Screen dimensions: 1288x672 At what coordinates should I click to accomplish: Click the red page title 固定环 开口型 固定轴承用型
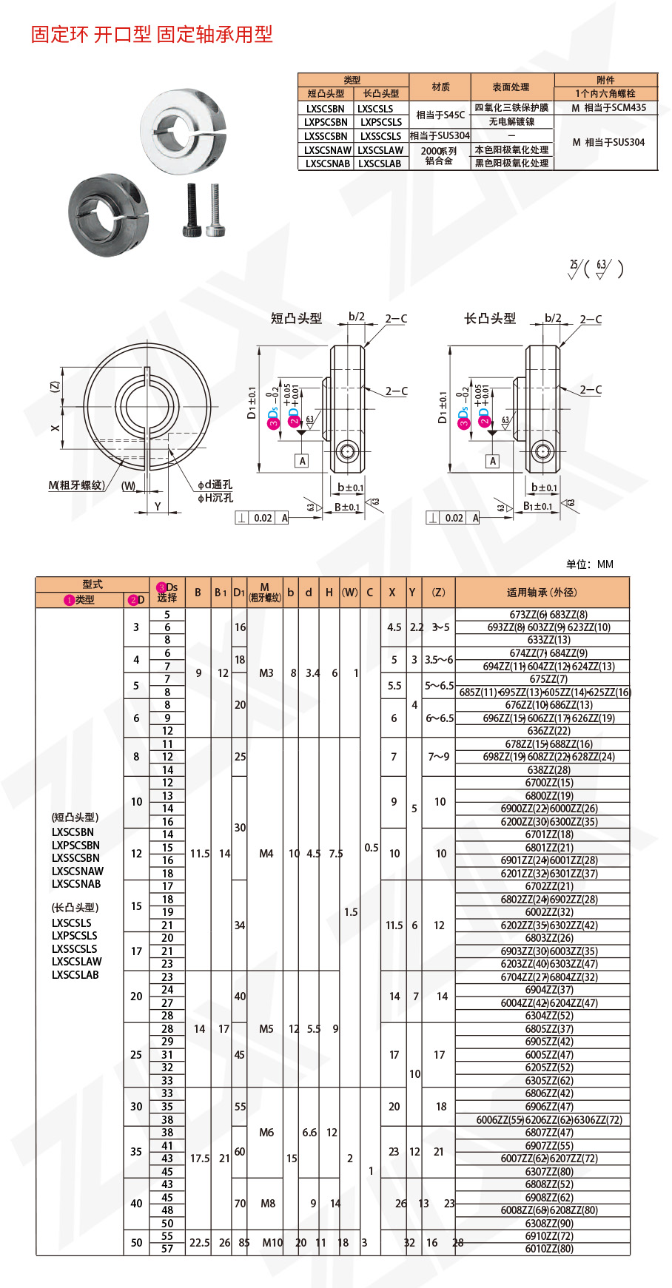(152, 34)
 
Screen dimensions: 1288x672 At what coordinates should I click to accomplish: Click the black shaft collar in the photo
(109, 215)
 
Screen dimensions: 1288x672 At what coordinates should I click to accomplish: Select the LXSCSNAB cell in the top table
(326, 163)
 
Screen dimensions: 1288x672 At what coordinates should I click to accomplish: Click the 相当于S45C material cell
(440, 115)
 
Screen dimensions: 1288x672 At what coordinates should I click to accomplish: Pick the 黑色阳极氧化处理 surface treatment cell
(511, 163)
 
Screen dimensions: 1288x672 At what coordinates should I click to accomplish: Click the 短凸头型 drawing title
(296, 318)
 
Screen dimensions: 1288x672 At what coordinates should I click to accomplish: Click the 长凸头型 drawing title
(490, 318)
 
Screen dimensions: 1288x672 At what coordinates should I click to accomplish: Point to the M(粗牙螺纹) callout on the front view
(77, 485)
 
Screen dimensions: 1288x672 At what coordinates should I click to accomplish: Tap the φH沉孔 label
(215, 498)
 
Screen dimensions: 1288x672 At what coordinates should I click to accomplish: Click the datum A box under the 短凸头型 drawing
(302, 461)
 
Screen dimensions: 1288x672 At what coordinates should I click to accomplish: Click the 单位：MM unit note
(589, 564)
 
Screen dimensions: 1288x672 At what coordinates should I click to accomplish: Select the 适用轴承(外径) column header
(542, 592)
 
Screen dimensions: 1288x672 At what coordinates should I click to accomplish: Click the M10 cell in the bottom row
(272, 1243)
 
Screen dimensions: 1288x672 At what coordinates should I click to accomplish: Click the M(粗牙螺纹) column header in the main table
(265, 592)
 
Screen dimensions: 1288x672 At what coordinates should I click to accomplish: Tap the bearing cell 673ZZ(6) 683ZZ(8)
(548, 614)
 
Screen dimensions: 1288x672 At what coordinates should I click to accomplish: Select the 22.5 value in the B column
(199, 1243)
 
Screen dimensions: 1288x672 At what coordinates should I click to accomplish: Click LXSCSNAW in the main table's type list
(78, 871)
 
